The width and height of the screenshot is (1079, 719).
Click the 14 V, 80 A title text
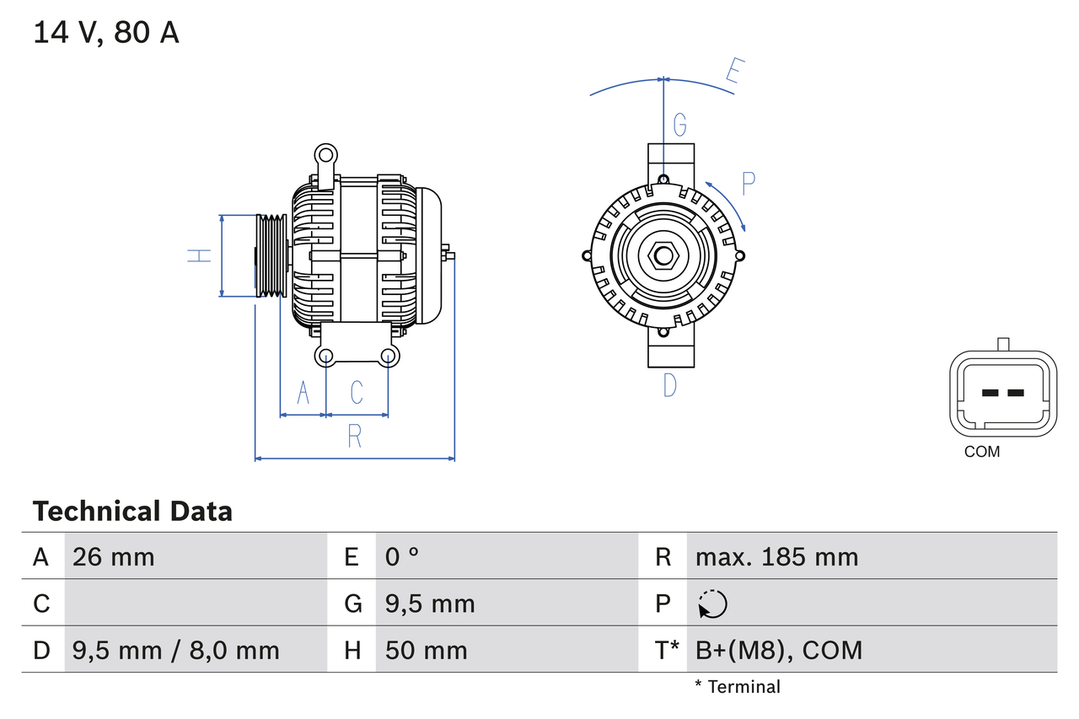pyautogui.click(x=106, y=33)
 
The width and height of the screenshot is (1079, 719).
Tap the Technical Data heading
pyautogui.click(x=132, y=511)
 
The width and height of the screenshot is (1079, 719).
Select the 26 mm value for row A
pyautogui.click(x=114, y=556)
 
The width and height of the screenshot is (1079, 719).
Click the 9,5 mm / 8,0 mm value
pyautogui.click(x=175, y=650)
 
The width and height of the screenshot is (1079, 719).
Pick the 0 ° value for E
pyautogui.click(x=402, y=556)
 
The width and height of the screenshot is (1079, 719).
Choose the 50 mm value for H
pyautogui.click(x=426, y=650)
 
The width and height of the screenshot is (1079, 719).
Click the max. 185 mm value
pyautogui.click(x=776, y=556)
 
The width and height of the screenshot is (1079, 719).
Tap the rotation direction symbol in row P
pyautogui.click(x=712, y=604)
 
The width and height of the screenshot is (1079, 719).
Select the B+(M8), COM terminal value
pyautogui.click(x=779, y=650)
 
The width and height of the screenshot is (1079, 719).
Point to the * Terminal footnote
pyautogui.click(x=738, y=687)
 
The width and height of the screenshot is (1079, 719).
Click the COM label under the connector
pyautogui.click(x=982, y=452)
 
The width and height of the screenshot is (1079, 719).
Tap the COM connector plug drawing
pyautogui.click(x=1002, y=393)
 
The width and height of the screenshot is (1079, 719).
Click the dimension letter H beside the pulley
pyautogui.click(x=200, y=255)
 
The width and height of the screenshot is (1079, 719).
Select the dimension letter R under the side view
pyautogui.click(x=355, y=437)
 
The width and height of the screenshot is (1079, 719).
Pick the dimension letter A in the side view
pyautogui.click(x=303, y=392)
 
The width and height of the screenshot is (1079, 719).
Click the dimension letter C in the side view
pyautogui.click(x=357, y=392)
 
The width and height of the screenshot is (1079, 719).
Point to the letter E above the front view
pyautogui.click(x=733, y=74)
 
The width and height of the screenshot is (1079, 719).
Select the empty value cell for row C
pyautogui.click(x=196, y=604)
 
